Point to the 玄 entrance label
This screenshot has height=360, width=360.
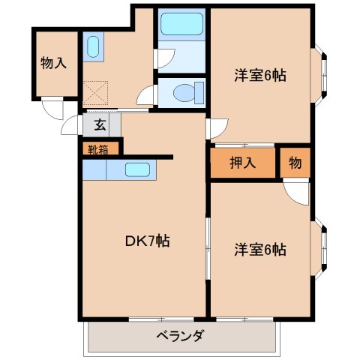coord(100,125)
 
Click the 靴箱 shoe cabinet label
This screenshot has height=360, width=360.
coord(97,148)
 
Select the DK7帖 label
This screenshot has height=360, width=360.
coord(146,241)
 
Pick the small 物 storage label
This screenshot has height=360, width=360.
coord(295,163)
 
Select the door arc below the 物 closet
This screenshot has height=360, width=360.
coord(297,192)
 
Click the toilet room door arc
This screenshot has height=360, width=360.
coord(148,95)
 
